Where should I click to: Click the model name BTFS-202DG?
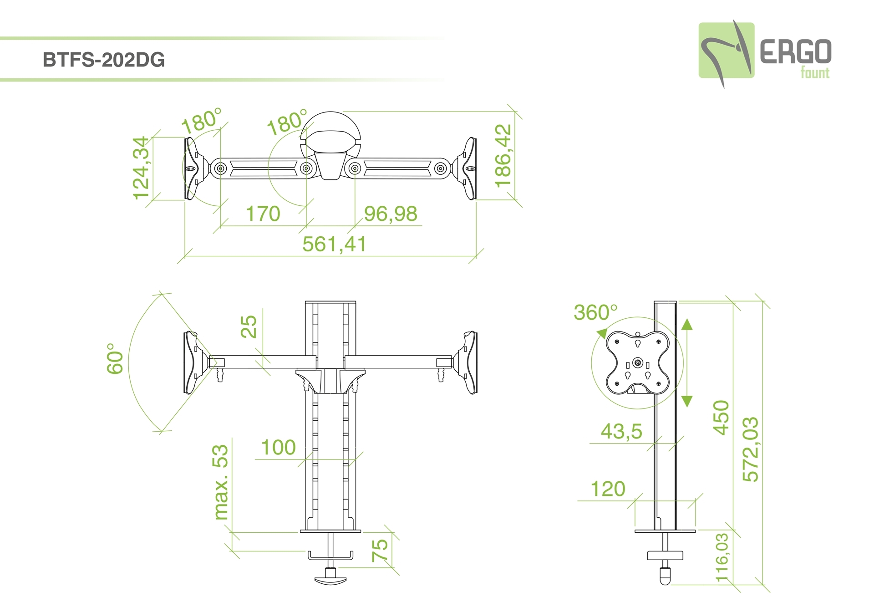pyautogui.click(x=104, y=60)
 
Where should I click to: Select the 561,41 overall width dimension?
pyautogui.click(x=334, y=244)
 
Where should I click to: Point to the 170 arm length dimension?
pyautogui.click(x=263, y=214)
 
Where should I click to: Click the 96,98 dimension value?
pyautogui.click(x=391, y=214)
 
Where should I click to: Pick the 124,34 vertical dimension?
pyautogui.click(x=141, y=168)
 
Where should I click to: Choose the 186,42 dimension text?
pyautogui.click(x=503, y=156)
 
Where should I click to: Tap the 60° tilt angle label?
pyautogui.click(x=115, y=359)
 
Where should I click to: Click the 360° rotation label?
pyautogui.click(x=596, y=312)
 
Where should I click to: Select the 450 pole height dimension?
pyautogui.click(x=721, y=418)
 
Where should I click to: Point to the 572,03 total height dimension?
pyautogui.click(x=751, y=449)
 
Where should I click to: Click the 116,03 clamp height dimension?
pyautogui.click(x=722, y=558)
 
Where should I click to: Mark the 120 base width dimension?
pyautogui.click(x=608, y=489)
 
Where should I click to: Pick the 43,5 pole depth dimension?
pyautogui.click(x=621, y=431)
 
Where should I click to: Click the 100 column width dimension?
pyautogui.click(x=278, y=448)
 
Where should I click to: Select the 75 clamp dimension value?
pyautogui.click(x=380, y=551)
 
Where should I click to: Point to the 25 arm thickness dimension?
pyautogui.click(x=249, y=326)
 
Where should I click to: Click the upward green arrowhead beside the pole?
pyautogui.click(x=687, y=324)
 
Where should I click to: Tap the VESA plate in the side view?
pyautogui.click(x=638, y=362)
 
